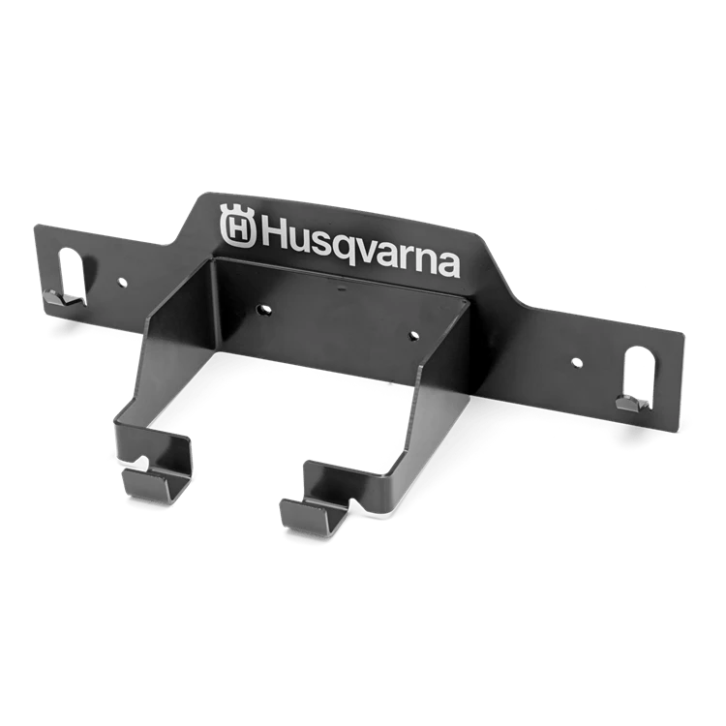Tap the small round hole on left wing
pyautogui.click(x=123, y=282)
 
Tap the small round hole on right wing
pyautogui.click(x=577, y=363)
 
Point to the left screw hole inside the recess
pyautogui.click(x=264, y=309)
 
